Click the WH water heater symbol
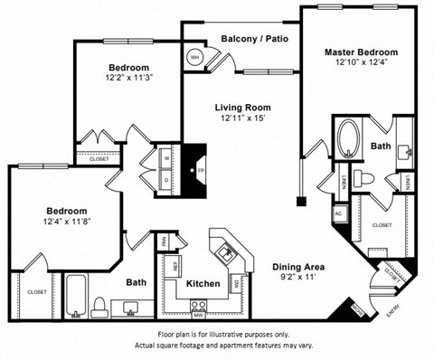(x=193, y=57)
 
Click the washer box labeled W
(x=166, y=157)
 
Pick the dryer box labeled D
(x=166, y=178)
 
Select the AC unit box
(x=339, y=213)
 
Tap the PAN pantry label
(x=164, y=242)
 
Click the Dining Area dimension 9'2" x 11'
(x=298, y=279)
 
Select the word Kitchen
(x=203, y=284)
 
